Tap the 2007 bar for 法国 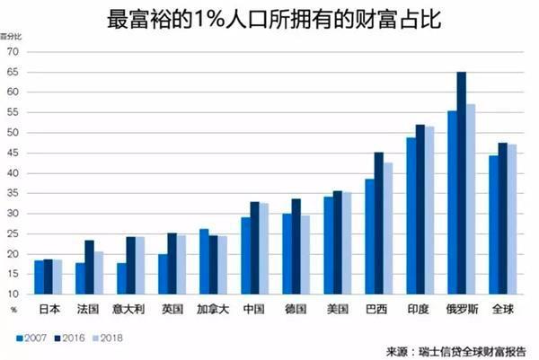(x=80, y=278)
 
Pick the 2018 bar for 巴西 (x=388, y=228)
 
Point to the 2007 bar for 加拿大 (x=204, y=261)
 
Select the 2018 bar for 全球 (x=512, y=219)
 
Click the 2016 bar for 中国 (x=254, y=248)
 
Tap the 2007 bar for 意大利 (x=121, y=278)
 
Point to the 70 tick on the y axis (x=13, y=51)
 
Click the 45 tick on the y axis (x=13, y=153)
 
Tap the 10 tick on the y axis (x=13, y=294)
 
